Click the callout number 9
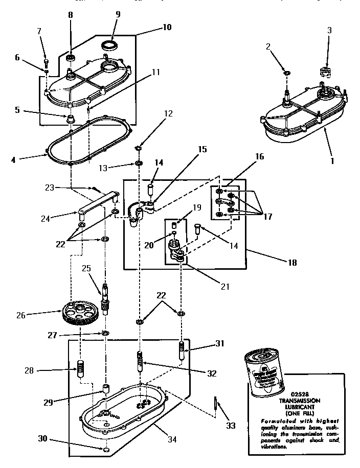[118, 14]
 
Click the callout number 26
[20, 315]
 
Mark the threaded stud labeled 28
[80, 368]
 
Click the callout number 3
[329, 30]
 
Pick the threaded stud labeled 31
[182, 351]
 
